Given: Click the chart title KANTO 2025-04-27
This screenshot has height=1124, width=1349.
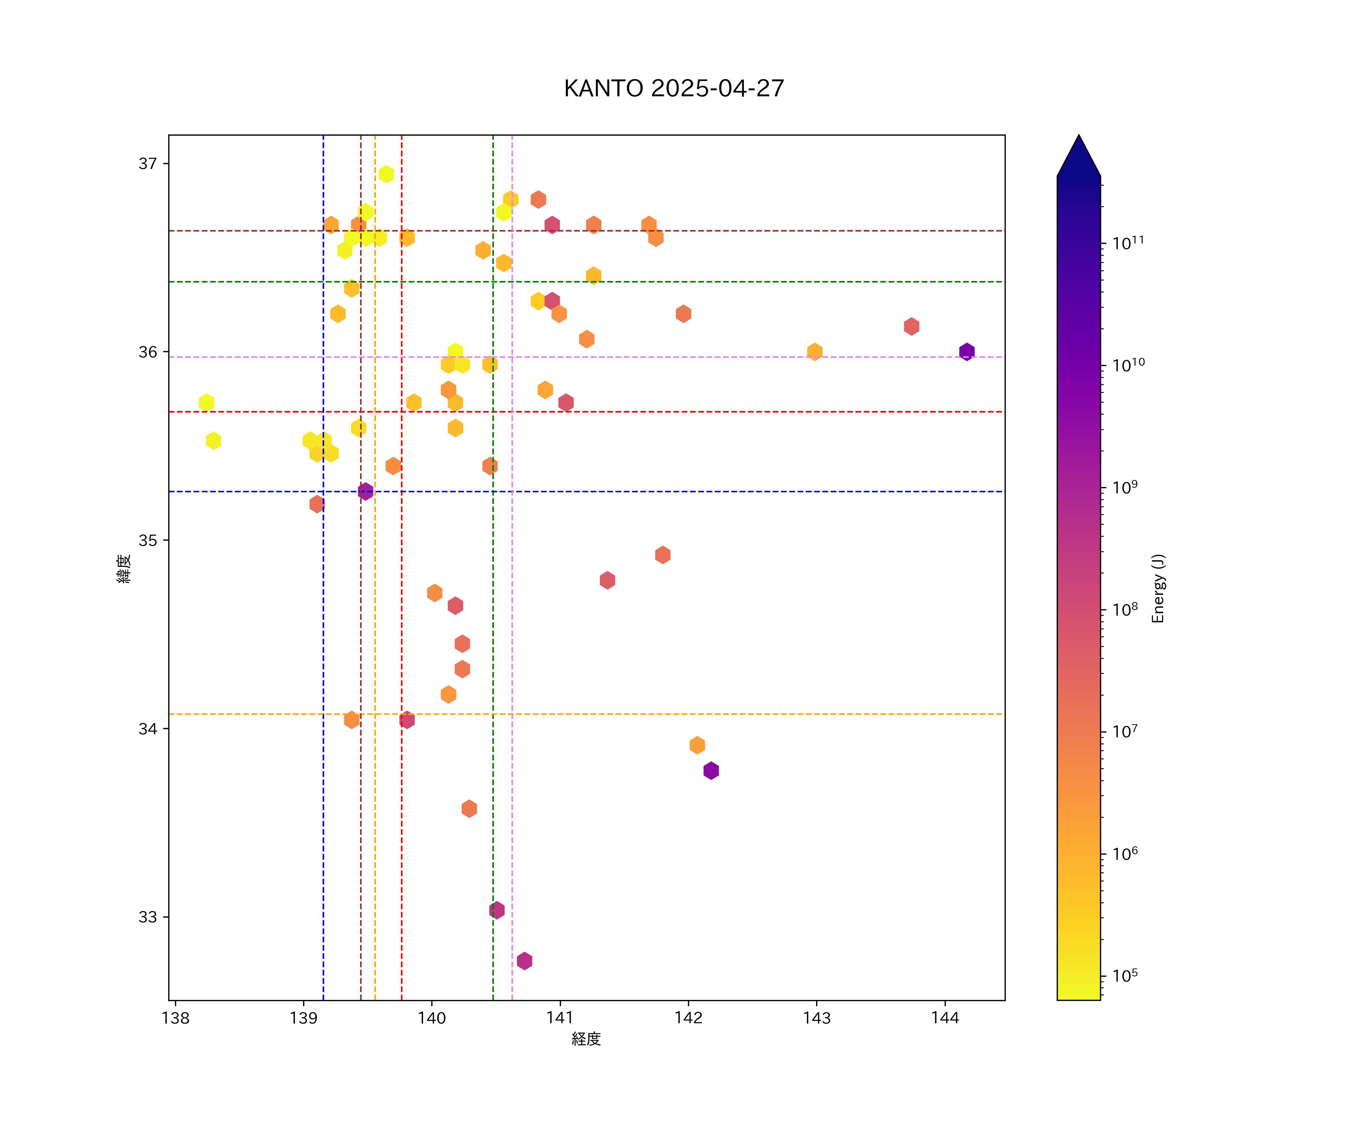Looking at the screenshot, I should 674,89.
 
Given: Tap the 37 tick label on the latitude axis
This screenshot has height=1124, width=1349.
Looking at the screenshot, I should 148,164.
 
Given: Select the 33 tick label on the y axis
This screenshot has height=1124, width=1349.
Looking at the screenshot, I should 148,917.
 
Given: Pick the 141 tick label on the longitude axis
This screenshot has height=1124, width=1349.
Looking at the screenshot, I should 560,1018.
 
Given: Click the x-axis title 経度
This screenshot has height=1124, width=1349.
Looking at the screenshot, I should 586,1039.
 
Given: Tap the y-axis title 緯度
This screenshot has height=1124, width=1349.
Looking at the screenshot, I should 124,568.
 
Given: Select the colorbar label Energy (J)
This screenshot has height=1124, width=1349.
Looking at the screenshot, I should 1158,588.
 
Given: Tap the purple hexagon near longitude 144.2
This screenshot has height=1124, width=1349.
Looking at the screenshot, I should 967,352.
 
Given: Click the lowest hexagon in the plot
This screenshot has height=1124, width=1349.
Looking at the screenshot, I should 524,961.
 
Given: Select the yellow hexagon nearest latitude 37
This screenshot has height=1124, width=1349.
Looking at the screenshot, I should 386,174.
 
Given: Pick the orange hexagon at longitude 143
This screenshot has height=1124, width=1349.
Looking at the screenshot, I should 815,352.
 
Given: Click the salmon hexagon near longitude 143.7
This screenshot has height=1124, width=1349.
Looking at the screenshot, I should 912,326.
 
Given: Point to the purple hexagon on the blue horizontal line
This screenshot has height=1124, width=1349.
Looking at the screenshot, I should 365,491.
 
